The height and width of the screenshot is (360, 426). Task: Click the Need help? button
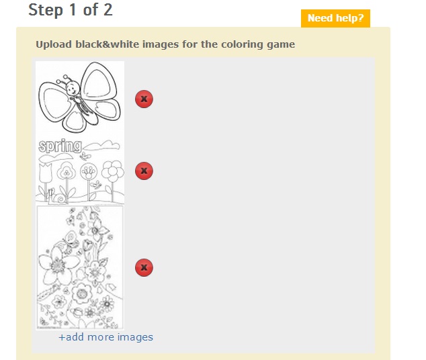point(335,18)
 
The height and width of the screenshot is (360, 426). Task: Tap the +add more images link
point(106,337)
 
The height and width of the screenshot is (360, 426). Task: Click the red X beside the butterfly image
point(144,99)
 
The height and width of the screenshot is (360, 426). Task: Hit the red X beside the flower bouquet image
point(144,267)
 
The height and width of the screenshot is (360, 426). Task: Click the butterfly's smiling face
point(73,88)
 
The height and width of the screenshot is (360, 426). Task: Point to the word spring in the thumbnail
point(60,146)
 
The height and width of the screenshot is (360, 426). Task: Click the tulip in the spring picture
point(46,172)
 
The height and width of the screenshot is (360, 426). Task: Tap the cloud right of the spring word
point(102,146)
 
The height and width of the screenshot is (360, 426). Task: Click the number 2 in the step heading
point(108,10)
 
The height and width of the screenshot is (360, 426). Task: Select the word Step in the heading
point(46,11)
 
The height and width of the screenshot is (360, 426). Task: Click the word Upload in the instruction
point(54,45)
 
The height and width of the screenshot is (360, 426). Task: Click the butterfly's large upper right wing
point(98,81)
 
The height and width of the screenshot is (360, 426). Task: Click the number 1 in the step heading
point(73,10)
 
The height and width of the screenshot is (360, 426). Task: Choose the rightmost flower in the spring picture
point(113,171)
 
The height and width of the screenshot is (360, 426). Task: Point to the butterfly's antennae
point(64,79)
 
